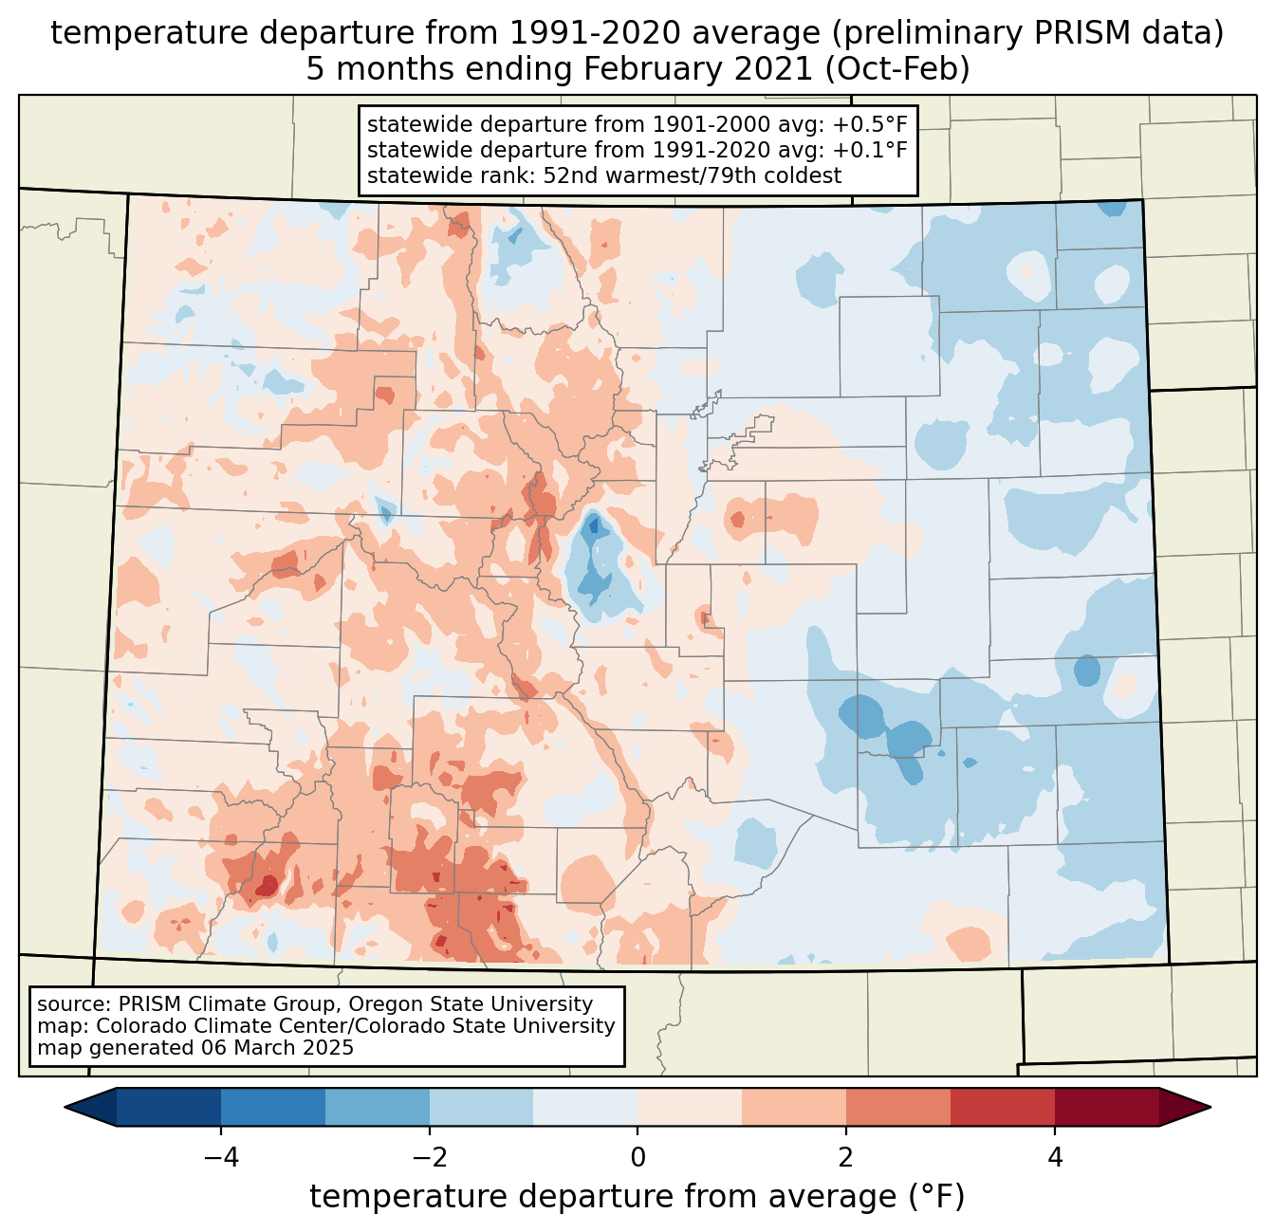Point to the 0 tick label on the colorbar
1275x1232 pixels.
click(x=637, y=1158)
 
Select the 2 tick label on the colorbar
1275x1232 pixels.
click(x=846, y=1158)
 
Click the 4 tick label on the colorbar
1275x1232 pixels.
click(x=1055, y=1158)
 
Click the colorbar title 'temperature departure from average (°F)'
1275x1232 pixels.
click(x=637, y=1197)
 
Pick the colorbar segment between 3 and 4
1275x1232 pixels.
click(x=1003, y=1107)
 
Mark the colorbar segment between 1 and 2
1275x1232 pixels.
click(x=794, y=1107)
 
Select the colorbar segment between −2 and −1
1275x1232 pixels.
click(x=481, y=1107)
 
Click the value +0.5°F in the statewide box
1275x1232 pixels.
click(x=870, y=125)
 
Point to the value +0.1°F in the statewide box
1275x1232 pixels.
click(x=870, y=150)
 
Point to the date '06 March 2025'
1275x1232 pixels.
click(x=277, y=1048)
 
